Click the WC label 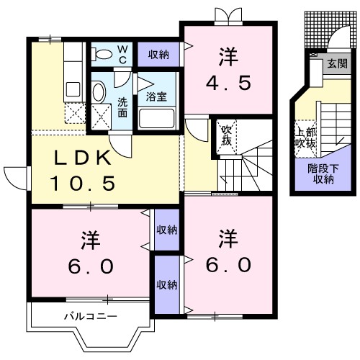click(x=122, y=54)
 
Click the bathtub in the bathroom click(x=158, y=118)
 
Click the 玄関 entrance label click(x=336, y=64)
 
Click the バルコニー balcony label click(x=89, y=316)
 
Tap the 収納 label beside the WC click(x=159, y=54)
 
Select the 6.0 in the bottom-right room click(x=228, y=253)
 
